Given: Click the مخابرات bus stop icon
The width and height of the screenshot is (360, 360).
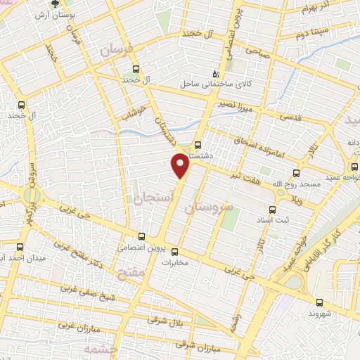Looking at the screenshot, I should pyautogui.click(x=174, y=251).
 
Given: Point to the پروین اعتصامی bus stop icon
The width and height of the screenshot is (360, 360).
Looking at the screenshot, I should pyautogui.click(x=142, y=236).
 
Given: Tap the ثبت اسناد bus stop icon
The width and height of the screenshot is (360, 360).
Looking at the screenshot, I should pyautogui.click(x=274, y=209).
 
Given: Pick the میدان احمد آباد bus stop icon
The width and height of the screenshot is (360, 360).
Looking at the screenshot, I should pyautogui.click(x=20, y=247).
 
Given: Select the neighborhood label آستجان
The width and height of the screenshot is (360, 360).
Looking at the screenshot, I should pyautogui.click(x=148, y=199).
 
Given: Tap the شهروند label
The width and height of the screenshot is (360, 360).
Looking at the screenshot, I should pyautogui.click(x=333, y=311).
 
